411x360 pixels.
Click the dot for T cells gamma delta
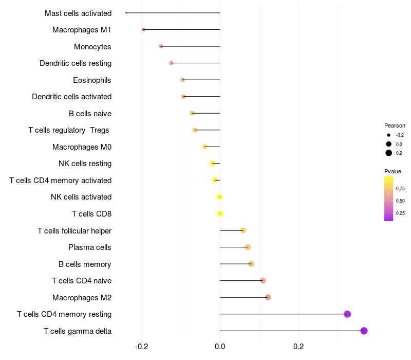click(x=364, y=331)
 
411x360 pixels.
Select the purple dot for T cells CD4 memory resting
click(x=347, y=314)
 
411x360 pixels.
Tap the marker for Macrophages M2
click(x=268, y=297)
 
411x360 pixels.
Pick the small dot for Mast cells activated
click(x=126, y=13)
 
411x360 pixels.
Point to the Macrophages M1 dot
click(x=143, y=30)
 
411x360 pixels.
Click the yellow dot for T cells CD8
click(x=220, y=213)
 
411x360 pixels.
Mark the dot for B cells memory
click(x=251, y=264)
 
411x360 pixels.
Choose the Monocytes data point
click(x=161, y=46)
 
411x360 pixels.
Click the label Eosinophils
click(x=92, y=80)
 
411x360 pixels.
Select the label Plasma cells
click(x=90, y=247)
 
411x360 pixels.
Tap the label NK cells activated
click(x=81, y=197)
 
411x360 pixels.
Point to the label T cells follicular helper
click(x=74, y=230)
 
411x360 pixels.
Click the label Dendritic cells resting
click(x=76, y=63)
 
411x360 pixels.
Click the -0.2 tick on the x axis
click(x=142, y=347)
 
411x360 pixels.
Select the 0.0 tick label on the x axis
click(x=220, y=347)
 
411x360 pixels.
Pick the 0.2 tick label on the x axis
click(x=298, y=347)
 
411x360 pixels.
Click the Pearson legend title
click(x=395, y=125)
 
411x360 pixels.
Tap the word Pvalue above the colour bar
click(x=393, y=171)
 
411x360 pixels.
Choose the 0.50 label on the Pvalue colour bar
click(x=400, y=201)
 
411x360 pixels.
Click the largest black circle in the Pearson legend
click(x=389, y=153)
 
